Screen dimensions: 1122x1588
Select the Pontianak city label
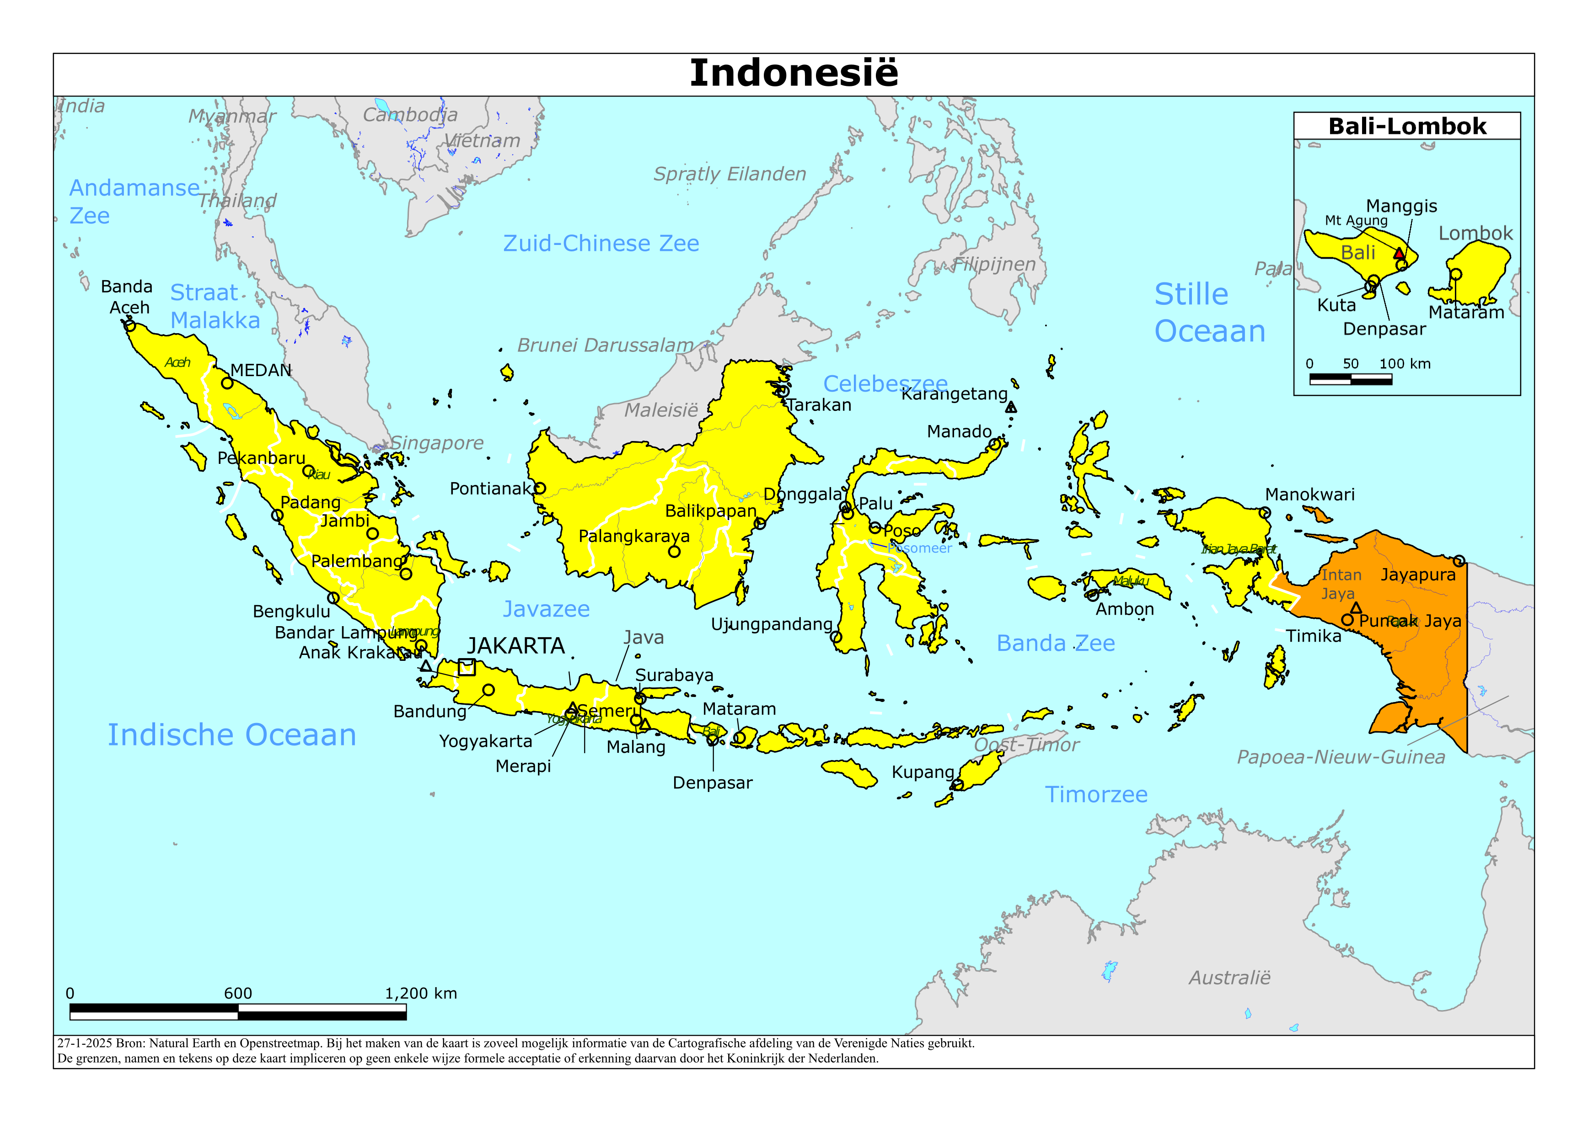(490, 489)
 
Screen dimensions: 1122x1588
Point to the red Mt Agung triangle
(1399, 253)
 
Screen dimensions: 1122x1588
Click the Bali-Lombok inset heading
(1407, 127)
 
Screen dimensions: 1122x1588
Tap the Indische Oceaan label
(232, 735)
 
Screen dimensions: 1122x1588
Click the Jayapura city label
(1418, 574)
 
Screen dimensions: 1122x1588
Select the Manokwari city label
(1309, 495)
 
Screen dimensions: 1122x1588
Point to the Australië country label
(1230, 978)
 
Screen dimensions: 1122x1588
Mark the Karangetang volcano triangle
(1011, 407)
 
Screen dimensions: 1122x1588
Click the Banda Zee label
(1056, 643)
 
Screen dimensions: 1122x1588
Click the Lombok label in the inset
(1475, 234)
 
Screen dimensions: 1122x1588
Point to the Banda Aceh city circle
(130, 325)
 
